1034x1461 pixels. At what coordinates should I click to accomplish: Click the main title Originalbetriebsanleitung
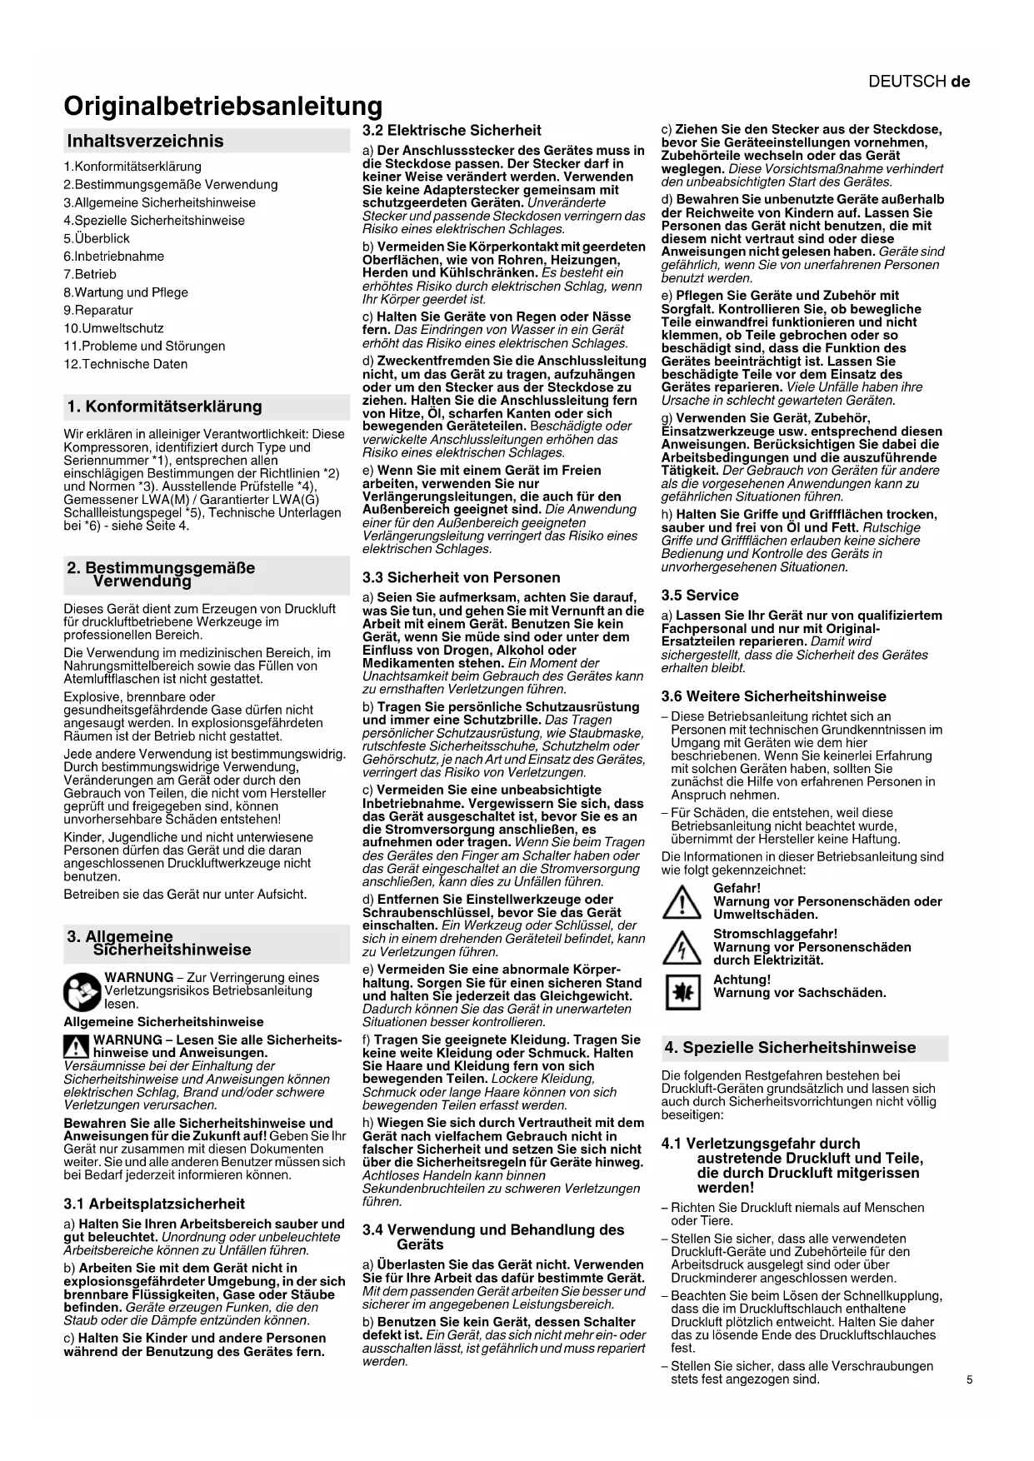click(222, 107)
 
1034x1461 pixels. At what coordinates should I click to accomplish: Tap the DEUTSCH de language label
click(918, 82)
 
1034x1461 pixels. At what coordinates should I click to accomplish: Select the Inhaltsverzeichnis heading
click(145, 141)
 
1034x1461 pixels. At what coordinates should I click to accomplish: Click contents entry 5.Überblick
click(97, 238)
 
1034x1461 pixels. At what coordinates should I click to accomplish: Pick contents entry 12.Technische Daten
click(125, 364)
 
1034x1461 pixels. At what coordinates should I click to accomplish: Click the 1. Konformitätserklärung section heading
click(164, 406)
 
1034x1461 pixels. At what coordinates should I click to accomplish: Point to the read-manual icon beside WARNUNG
click(82, 991)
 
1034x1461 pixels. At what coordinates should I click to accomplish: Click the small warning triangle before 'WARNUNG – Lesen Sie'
click(76, 1046)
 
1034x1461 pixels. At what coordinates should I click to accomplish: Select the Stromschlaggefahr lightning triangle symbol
click(681, 948)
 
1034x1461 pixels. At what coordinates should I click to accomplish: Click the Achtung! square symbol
click(681, 992)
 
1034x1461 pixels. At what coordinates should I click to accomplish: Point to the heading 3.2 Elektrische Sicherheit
click(452, 130)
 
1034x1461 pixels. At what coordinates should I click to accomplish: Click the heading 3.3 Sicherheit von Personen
click(461, 577)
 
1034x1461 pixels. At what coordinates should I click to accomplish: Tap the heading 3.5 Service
click(700, 596)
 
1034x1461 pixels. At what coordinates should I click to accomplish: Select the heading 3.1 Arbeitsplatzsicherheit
click(154, 1204)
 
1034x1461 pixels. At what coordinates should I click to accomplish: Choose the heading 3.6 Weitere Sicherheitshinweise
click(773, 696)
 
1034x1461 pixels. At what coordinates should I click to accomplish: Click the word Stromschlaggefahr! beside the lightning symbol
click(775, 934)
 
